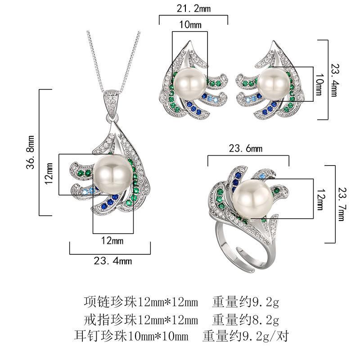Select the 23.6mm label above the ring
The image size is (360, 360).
[248, 148]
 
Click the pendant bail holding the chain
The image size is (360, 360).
[110, 103]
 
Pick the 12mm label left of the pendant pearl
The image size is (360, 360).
[50, 174]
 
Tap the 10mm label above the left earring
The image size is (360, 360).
[190, 25]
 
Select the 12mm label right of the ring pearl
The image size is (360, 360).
[320, 198]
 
